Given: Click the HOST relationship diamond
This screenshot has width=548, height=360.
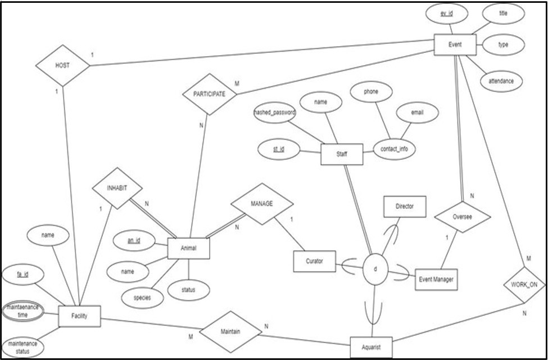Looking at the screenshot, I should click(62, 65).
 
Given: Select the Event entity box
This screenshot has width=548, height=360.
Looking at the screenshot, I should click(455, 44).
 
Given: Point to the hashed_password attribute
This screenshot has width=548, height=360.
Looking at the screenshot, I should click(275, 112).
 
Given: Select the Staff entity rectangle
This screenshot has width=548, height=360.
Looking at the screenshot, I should click(342, 154).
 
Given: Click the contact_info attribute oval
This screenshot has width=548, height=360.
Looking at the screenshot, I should click(394, 149).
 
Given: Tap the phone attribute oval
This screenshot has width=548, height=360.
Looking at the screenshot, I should click(370, 91).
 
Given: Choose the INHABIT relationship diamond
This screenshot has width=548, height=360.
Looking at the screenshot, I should click(117, 188).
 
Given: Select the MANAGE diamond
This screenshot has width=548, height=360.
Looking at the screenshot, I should click(262, 204).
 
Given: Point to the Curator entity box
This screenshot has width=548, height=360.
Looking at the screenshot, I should click(314, 260).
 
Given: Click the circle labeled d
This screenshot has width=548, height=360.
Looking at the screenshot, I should click(375, 269).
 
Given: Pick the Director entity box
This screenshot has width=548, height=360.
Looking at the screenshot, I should click(405, 206).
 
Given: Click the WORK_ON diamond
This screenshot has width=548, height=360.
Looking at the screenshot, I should click(524, 285).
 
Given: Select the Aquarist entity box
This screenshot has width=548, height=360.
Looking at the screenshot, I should click(371, 347).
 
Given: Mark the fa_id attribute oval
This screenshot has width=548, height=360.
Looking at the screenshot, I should click(23, 275).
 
